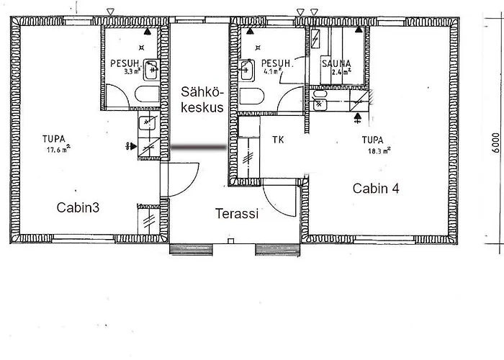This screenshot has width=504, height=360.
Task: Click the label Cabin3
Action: click(x=77, y=207)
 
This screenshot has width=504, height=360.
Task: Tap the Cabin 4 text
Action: click(x=376, y=189)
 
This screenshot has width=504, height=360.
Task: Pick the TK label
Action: click(x=278, y=140)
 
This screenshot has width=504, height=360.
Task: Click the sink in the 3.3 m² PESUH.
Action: click(x=151, y=69)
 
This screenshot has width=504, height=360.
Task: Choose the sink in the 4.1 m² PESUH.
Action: click(x=247, y=69)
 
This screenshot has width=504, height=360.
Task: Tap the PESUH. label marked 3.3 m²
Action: click(x=124, y=63)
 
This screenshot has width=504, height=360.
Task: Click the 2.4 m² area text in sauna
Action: click(x=336, y=72)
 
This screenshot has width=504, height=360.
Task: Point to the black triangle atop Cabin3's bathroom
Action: click(x=148, y=32)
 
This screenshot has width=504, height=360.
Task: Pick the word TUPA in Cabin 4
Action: click(x=372, y=140)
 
